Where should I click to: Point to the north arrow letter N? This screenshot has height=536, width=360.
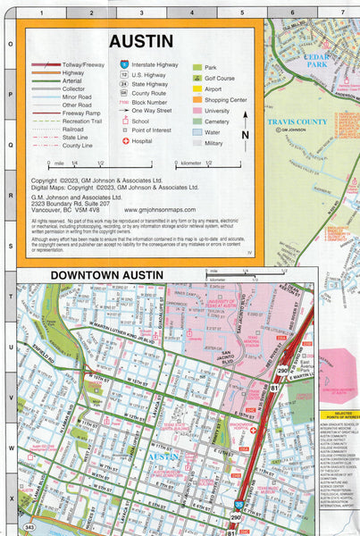pos(245,135)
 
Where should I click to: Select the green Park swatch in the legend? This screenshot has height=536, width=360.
pos(197,67)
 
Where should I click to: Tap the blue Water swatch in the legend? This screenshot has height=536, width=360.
pos(197,131)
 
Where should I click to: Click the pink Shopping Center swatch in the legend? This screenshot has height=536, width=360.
pos(197,99)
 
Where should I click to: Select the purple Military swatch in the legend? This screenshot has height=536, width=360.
pos(197,142)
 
